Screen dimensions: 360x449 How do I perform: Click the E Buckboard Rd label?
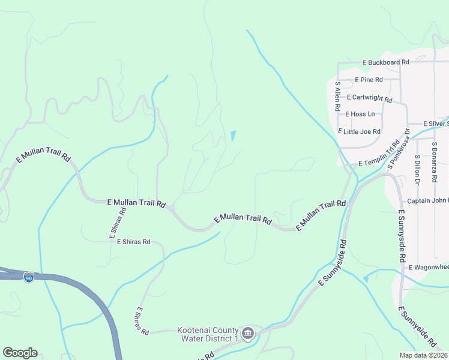click(x=385, y=62)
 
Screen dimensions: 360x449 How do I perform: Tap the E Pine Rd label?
click(x=369, y=79)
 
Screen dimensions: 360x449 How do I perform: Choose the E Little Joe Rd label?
click(x=360, y=131)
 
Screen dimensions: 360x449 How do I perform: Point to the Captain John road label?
click(x=427, y=201)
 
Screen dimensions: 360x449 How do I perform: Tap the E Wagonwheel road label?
click(x=429, y=267)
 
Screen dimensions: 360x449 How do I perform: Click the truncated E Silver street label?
click(x=436, y=124)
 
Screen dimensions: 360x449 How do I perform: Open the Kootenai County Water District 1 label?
click(x=207, y=335)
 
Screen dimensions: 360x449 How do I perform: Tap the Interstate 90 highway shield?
click(x=29, y=277)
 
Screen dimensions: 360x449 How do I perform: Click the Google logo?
click(x=20, y=352)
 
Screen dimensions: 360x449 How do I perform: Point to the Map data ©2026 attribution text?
click(x=423, y=355)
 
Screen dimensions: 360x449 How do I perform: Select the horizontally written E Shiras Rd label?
click(x=133, y=242)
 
